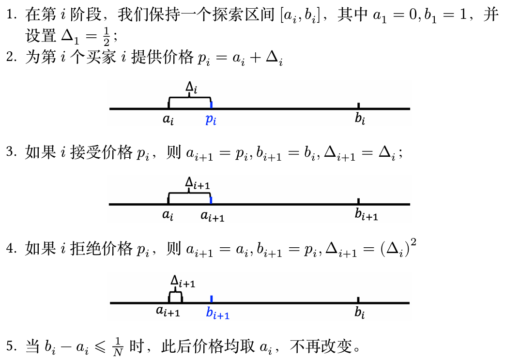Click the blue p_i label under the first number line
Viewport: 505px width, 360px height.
pyautogui.click(x=211, y=120)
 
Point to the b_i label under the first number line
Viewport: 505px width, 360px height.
pyautogui.click(x=360, y=119)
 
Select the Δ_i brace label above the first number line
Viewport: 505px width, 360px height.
pyautogui.click(x=191, y=87)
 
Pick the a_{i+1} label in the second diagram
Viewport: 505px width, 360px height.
pyautogui.click(x=212, y=216)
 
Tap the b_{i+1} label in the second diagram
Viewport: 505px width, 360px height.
pyautogui.click(x=366, y=214)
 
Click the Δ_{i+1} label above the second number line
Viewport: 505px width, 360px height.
pyautogui.click(x=198, y=183)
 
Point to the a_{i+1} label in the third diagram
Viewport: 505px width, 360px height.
pyautogui.click(x=168, y=312)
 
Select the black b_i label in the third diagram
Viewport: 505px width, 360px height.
pyautogui.click(x=360, y=312)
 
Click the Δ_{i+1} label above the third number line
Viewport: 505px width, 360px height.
pyautogui.click(x=183, y=282)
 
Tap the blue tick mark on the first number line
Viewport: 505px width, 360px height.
pyautogui.click(x=211, y=105)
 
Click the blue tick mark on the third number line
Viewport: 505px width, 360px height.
pyautogui.click(x=211, y=299)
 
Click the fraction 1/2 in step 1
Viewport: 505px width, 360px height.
pyautogui.click(x=107, y=36)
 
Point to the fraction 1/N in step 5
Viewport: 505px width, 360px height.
pyautogui.click(x=118, y=347)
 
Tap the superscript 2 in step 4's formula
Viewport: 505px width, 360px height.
pyautogui.click(x=413, y=242)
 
